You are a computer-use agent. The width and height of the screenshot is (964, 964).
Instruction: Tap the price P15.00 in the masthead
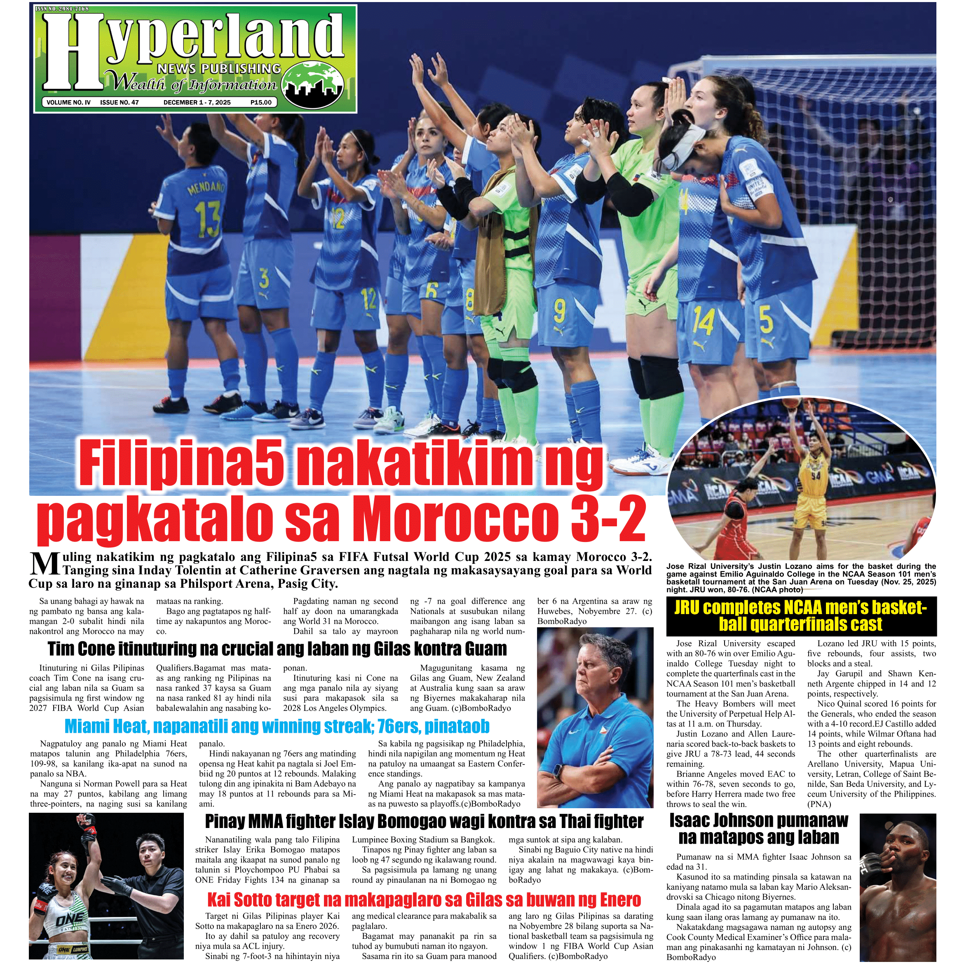(261, 102)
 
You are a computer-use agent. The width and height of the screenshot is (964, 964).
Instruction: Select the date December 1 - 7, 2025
(197, 102)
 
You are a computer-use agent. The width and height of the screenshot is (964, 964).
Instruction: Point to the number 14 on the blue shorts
(703, 322)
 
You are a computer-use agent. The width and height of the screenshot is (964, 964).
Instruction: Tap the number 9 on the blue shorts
(559, 312)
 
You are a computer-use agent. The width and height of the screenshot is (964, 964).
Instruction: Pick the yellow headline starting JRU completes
(801, 616)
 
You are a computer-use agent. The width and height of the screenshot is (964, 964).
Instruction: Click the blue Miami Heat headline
(277, 726)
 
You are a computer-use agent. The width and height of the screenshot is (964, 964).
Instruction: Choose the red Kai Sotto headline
(424, 900)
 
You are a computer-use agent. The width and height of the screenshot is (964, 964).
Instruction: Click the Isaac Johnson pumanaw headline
(758, 829)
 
